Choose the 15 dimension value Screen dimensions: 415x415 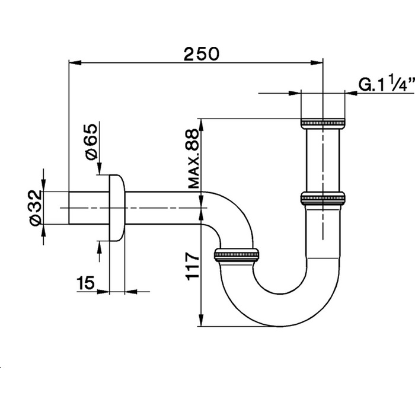point(86,284)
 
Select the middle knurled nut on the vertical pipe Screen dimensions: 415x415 point(323,197)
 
